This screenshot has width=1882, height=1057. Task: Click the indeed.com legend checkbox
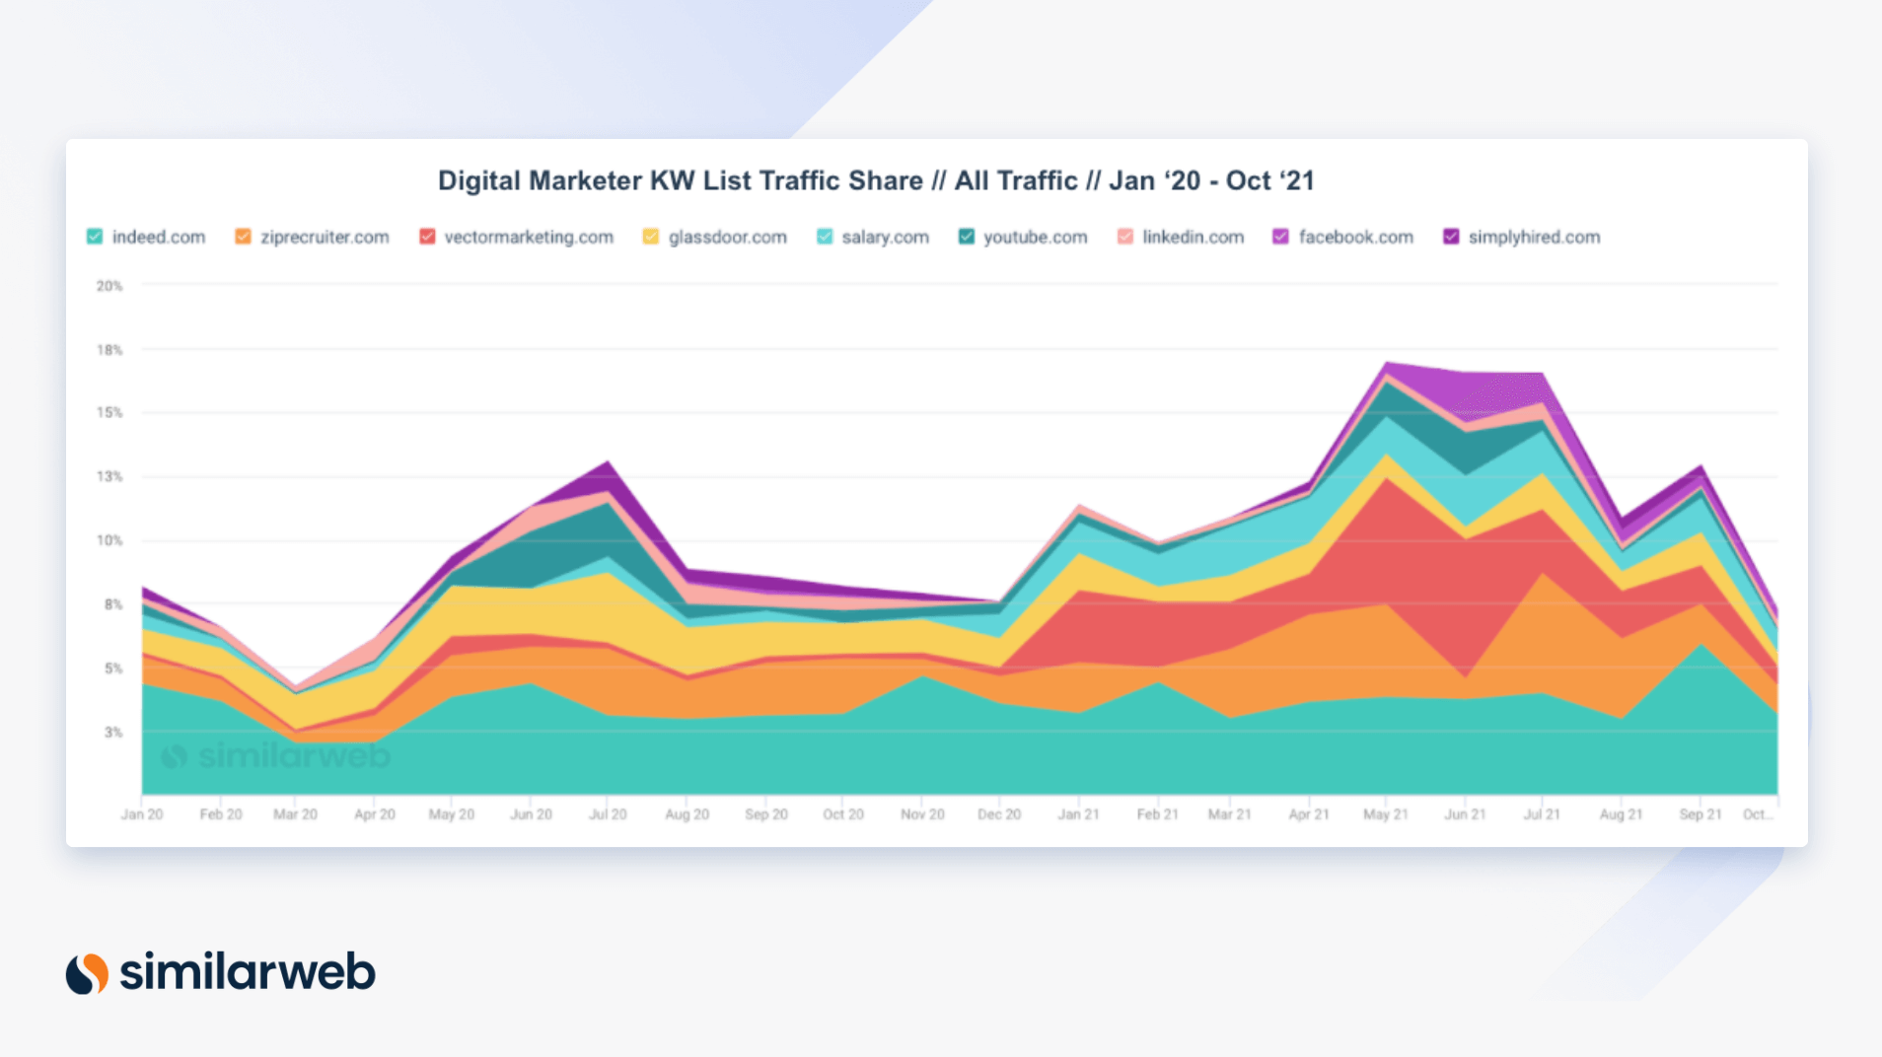click(x=95, y=237)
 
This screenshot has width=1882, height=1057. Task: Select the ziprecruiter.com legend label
click(x=324, y=237)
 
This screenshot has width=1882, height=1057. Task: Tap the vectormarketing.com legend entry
click(x=528, y=237)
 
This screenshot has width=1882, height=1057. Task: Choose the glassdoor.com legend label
click(x=727, y=237)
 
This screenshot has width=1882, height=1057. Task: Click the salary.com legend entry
click(x=884, y=237)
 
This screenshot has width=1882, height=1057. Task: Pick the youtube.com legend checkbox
click(x=967, y=237)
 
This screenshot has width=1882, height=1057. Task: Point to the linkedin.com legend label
click(x=1193, y=237)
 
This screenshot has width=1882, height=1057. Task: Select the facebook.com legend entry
click(x=1355, y=237)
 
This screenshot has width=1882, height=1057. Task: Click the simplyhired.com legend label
click(x=1534, y=237)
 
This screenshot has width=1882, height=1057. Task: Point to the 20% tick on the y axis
click(x=109, y=286)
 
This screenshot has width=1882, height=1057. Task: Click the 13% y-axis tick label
click(x=109, y=476)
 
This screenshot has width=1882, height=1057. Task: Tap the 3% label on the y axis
click(x=113, y=733)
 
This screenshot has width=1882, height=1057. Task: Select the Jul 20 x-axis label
click(x=608, y=814)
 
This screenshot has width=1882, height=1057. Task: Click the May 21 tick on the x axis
click(x=1385, y=814)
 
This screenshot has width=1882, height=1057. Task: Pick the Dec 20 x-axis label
click(x=999, y=814)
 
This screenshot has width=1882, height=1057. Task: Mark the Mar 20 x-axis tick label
click(x=295, y=814)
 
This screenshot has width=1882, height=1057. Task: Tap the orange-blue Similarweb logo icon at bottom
click(x=87, y=973)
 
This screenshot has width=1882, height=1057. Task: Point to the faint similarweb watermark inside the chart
click(x=276, y=756)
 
